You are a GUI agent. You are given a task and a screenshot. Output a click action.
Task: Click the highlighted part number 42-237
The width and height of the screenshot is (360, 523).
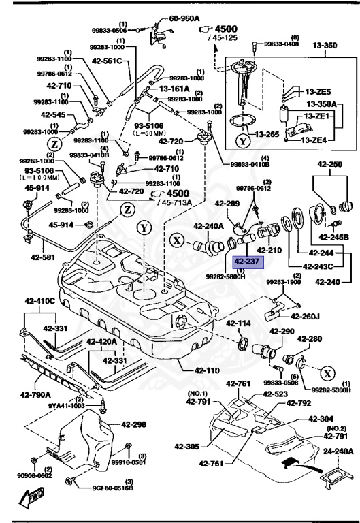[x=248, y=261]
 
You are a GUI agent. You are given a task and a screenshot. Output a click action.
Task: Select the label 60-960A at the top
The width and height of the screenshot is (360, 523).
[x=184, y=18]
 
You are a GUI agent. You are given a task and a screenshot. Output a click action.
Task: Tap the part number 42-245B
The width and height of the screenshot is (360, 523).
[x=335, y=237]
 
